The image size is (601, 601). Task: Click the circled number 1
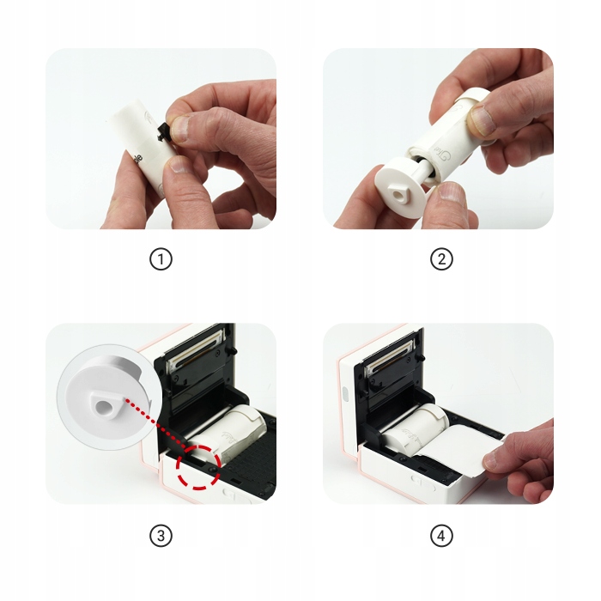[161, 259]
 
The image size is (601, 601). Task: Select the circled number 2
[441, 259]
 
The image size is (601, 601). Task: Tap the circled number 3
[161, 536]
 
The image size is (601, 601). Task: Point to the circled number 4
[441, 536]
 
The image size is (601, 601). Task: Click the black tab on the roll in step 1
[164, 132]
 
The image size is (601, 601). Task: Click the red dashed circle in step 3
[198, 466]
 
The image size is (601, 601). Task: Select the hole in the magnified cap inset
[103, 407]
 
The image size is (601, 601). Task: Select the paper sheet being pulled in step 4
[460, 448]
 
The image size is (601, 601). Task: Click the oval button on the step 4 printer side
[344, 394]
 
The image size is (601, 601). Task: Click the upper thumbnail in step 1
[180, 129]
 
